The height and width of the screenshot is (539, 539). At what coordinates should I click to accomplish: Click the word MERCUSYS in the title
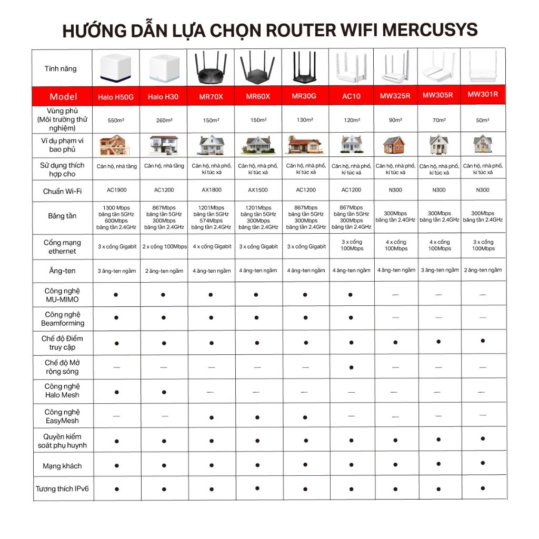430,30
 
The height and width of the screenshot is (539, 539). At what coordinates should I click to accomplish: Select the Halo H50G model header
116,97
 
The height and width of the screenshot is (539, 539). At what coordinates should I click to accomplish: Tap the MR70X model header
211,96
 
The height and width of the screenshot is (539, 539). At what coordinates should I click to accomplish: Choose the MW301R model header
483,95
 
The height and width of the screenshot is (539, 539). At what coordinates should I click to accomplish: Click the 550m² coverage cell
116,121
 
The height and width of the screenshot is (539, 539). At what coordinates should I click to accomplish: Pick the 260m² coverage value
164,121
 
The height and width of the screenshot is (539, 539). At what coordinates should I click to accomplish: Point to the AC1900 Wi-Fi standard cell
116,190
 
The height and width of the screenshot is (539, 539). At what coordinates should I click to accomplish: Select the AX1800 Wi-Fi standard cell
211,190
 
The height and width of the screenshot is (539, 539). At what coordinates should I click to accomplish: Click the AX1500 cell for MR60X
258,190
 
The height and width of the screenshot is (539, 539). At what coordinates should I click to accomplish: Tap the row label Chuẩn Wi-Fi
62,191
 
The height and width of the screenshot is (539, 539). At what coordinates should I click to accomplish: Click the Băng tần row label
62,216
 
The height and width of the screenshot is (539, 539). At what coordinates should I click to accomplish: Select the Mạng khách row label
62,466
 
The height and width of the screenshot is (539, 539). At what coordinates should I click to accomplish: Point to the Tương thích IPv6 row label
62,489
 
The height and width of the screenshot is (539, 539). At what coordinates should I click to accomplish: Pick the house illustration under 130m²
305,145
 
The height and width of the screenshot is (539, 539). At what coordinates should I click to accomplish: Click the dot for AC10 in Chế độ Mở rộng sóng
351,367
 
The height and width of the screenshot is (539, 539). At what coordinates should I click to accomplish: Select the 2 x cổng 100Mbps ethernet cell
164,246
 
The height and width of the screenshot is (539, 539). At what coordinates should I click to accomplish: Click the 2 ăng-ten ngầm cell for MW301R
483,270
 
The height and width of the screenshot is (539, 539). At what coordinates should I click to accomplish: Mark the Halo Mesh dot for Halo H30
164,392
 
